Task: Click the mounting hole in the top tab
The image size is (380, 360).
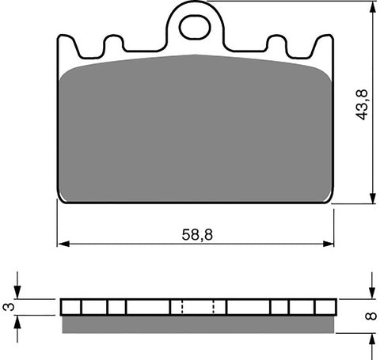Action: point(195,26)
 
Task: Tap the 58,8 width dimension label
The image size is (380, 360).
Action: point(196,235)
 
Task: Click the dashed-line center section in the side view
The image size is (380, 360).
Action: point(199,307)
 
